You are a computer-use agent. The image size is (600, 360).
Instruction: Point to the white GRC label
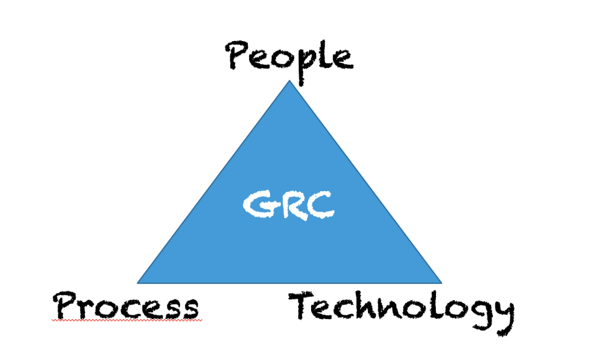tap(289, 205)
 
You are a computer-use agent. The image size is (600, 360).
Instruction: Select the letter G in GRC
tap(258, 205)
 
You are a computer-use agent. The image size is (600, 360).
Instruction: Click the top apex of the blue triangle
tap(289, 80)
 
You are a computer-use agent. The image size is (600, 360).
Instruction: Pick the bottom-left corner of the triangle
tap(137, 283)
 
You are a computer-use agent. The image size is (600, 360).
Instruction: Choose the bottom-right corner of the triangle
tap(442, 283)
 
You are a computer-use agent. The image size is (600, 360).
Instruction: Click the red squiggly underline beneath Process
tap(127, 320)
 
